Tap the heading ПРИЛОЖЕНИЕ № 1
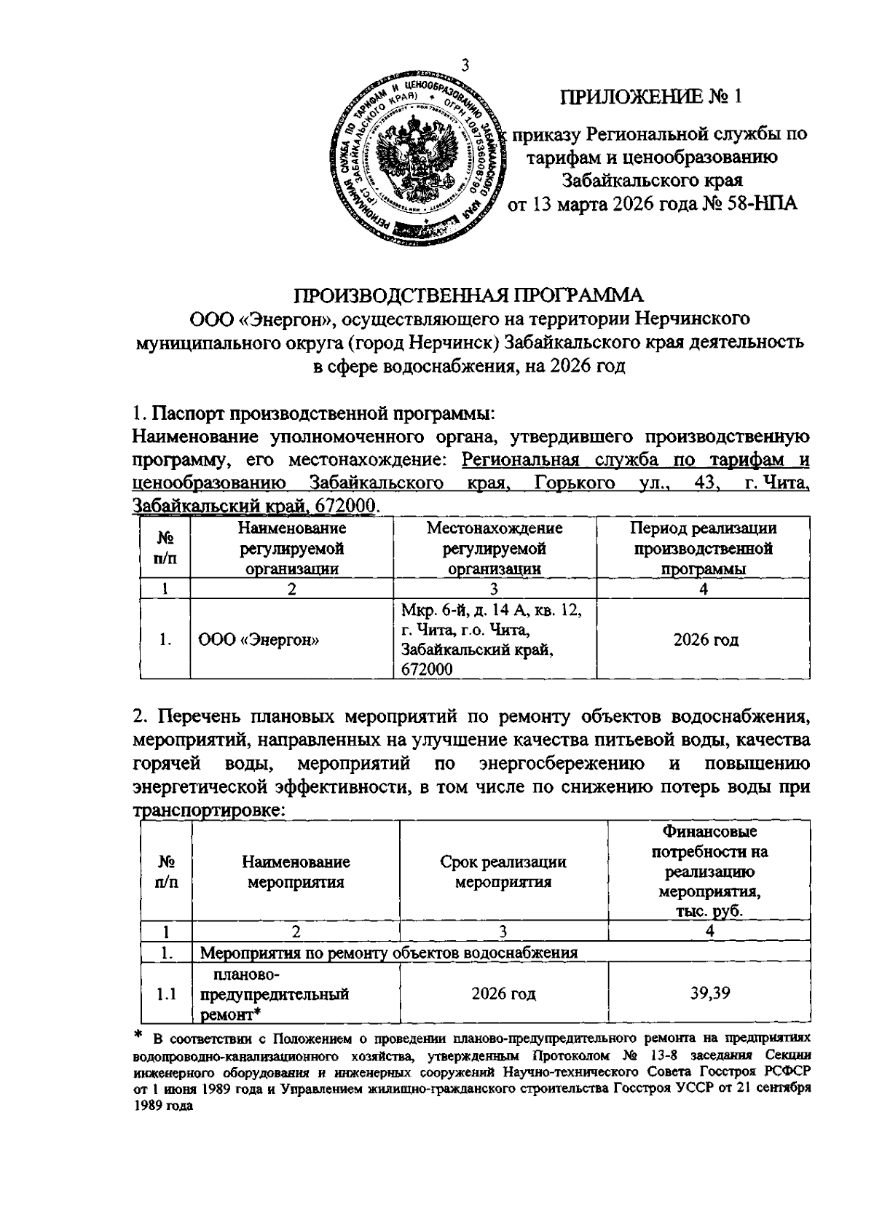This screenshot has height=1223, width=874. coord(653,98)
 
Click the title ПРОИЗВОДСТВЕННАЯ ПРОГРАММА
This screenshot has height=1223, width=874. coord(469,295)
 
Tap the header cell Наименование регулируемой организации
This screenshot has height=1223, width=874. coord(291,548)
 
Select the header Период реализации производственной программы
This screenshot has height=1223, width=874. coord(703,548)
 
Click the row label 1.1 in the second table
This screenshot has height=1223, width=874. coord(168,993)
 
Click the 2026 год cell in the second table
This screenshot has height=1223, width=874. coord(503,993)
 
